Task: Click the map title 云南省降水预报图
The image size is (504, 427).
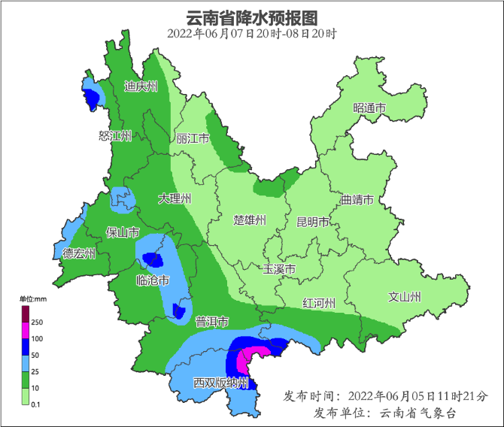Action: tap(251, 17)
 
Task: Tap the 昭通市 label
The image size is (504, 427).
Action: tap(369, 109)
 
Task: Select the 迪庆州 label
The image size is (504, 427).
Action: tap(141, 87)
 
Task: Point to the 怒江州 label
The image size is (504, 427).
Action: tap(115, 136)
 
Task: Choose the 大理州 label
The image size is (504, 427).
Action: tap(175, 199)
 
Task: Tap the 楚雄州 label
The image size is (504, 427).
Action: tap(250, 220)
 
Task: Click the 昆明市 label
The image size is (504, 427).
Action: tap(313, 222)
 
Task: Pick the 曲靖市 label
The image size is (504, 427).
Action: tap(357, 200)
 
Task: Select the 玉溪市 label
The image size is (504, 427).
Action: tap(279, 269)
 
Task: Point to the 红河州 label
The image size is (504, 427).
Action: tap(319, 303)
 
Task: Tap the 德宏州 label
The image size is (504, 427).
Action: tap(79, 253)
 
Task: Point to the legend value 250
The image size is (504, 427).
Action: tap(36, 322)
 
